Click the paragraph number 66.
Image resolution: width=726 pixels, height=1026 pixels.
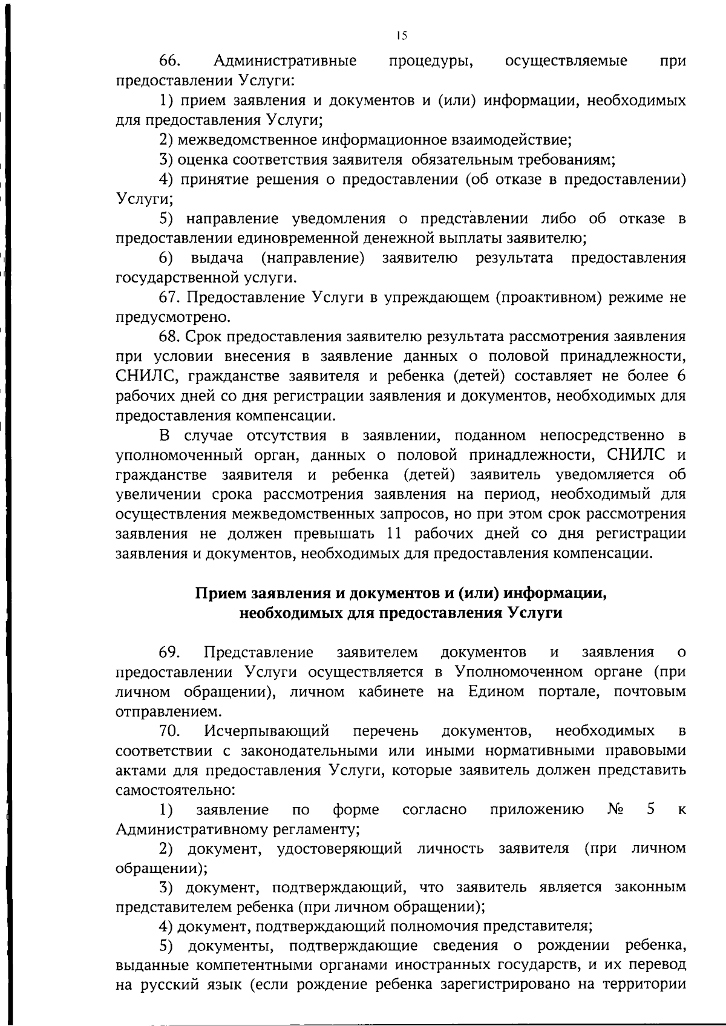[170, 61]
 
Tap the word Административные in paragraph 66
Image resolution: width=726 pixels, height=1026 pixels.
[284, 61]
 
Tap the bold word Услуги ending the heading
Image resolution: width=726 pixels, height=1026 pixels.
[535, 613]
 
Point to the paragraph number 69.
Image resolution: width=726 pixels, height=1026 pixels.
[170, 653]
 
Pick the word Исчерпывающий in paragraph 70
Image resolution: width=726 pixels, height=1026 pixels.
[266, 731]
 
